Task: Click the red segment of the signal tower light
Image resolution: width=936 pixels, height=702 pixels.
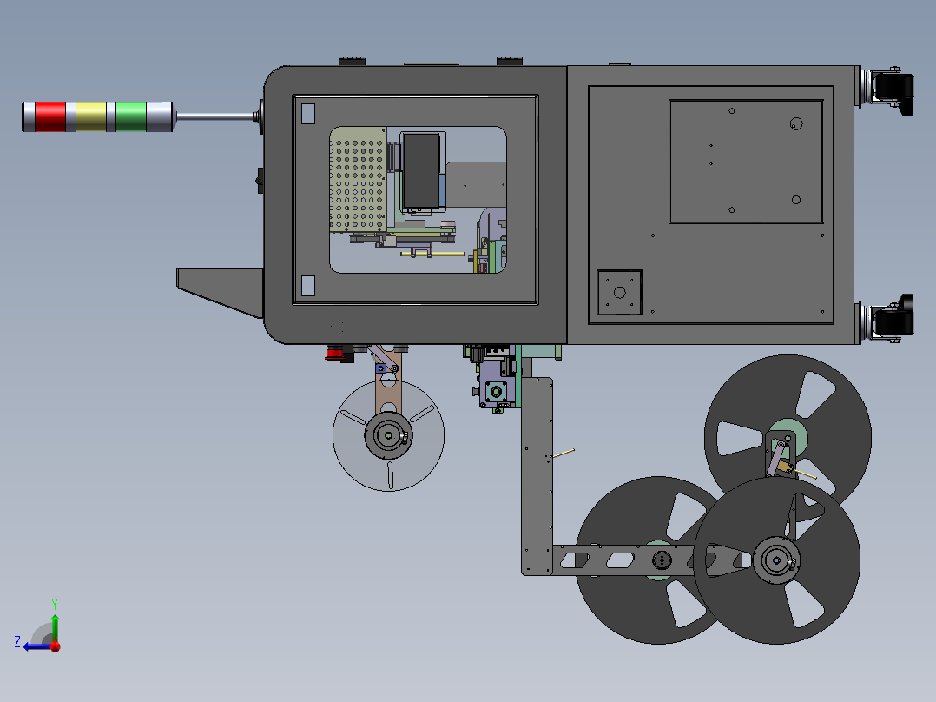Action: [x=50, y=116]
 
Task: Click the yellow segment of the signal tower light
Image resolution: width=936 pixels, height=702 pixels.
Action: [x=91, y=116]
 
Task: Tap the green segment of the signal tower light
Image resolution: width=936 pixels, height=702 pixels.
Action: [x=131, y=116]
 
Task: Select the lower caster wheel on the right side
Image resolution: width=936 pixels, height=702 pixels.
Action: [x=893, y=318]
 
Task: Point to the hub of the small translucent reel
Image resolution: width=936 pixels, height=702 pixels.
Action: [x=388, y=435]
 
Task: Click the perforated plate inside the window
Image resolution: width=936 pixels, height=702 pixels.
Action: [x=358, y=179]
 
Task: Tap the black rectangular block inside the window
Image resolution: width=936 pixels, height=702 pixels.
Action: [x=421, y=171]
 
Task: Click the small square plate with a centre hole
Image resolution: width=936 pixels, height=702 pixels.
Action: [x=620, y=292]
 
